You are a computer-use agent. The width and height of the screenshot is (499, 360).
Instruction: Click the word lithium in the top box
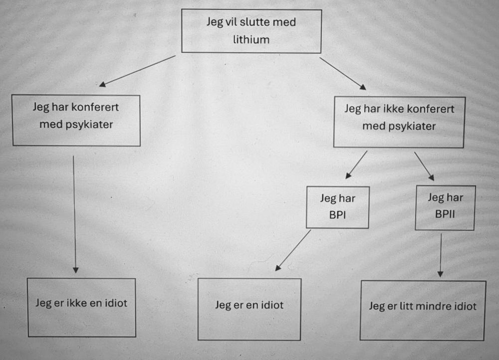tap(251, 39)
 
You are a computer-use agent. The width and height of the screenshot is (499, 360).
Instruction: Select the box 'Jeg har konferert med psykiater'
tap(76, 120)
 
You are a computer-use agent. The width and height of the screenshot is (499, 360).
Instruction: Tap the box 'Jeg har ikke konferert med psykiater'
tap(399, 122)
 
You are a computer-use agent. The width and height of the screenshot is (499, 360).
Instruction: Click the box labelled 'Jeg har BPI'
tap(338, 207)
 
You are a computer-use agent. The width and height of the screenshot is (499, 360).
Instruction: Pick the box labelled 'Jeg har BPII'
tap(445, 207)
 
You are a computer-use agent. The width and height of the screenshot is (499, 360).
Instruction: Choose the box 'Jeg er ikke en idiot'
tap(81, 308)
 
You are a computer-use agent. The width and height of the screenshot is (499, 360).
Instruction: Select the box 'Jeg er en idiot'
tap(249, 309)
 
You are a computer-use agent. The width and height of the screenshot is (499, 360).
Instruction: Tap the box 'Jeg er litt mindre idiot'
tap(423, 310)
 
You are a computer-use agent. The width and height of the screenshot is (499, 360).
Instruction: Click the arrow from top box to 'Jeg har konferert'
tap(137, 71)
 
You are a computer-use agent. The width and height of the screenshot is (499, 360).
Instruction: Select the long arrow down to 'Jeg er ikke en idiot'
tap(74, 214)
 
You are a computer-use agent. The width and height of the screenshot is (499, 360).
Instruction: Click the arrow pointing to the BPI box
tap(356, 165)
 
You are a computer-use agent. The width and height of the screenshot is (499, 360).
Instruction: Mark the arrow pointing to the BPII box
tap(424, 166)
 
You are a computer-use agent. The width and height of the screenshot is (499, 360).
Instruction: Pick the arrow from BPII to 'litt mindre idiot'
tap(441, 255)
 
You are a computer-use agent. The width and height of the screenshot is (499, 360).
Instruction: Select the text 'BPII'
tap(445, 215)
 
